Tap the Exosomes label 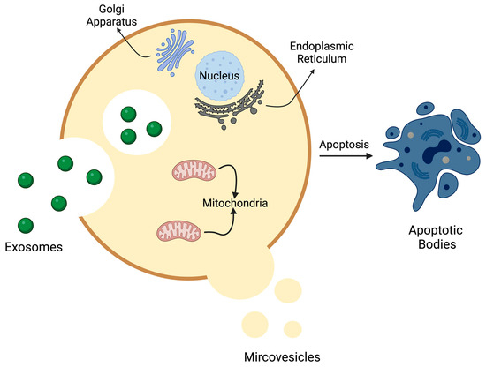click(x=34, y=247)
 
